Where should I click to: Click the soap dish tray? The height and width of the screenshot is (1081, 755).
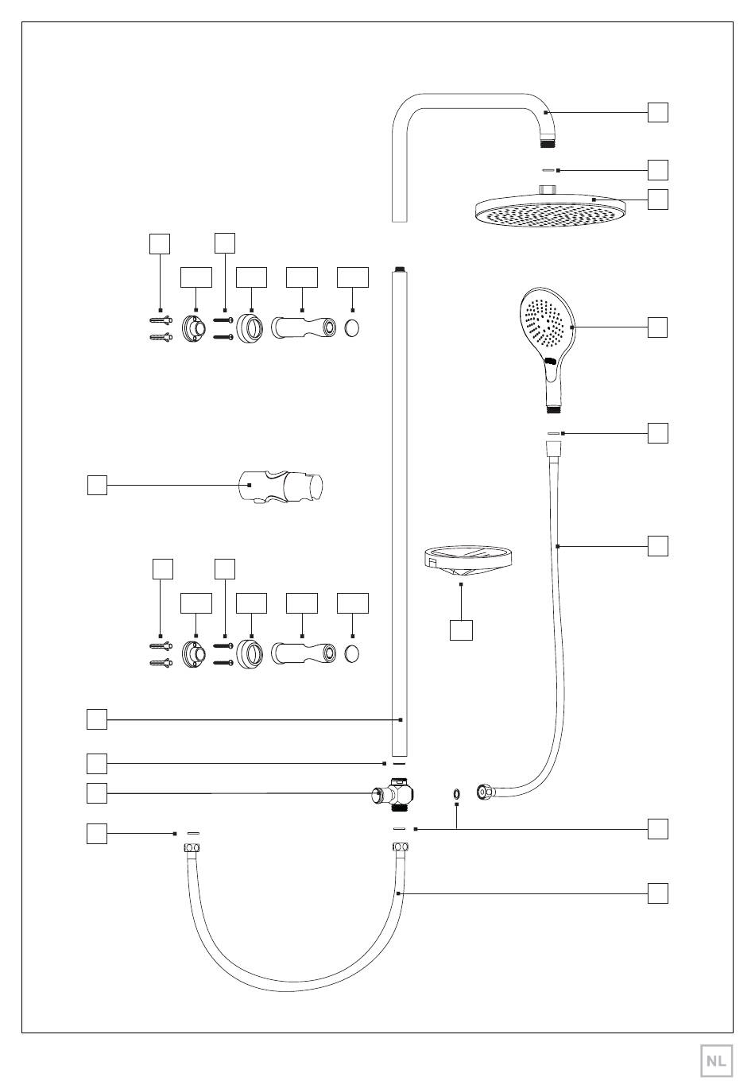click(467, 560)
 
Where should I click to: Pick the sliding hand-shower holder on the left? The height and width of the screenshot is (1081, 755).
click(281, 486)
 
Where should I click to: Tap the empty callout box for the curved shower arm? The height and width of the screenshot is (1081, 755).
click(657, 112)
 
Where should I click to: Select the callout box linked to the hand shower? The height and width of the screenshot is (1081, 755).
click(657, 327)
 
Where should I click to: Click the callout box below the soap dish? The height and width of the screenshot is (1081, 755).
click(461, 630)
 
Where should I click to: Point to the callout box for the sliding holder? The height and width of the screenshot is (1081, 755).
click(97, 485)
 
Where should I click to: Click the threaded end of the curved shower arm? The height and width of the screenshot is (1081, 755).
click(548, 143)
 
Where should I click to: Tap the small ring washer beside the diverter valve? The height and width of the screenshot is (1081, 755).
click(456, 792)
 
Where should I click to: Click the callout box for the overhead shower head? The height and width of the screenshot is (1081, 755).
click(657, 200)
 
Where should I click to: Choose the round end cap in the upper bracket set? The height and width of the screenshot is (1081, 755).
click(352, 328)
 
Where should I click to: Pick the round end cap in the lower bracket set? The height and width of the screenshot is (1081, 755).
click(352, 654)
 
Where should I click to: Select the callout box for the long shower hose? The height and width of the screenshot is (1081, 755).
click(657, 546)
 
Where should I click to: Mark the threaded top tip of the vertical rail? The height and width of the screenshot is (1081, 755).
click(400, 269)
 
